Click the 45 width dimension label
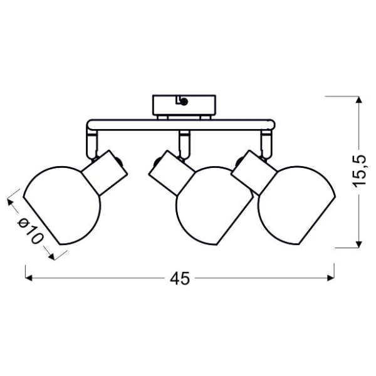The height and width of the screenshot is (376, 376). [x=180, y=278]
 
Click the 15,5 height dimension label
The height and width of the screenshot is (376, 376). [x=359, y=172]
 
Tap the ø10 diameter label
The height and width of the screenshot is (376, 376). [x=31, y=231]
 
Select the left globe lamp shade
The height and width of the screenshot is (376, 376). [x=62, y=206]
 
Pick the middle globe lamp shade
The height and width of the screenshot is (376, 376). [x=214, y=206]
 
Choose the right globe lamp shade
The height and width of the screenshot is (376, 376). [x=297, y=206]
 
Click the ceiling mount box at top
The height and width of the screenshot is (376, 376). [x=184, y=105]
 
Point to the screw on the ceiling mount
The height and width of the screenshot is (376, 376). [x=184, y=102]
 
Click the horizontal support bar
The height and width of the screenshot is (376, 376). [x=181, y=125]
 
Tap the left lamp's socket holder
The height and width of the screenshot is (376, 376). [x=105, y=173]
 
